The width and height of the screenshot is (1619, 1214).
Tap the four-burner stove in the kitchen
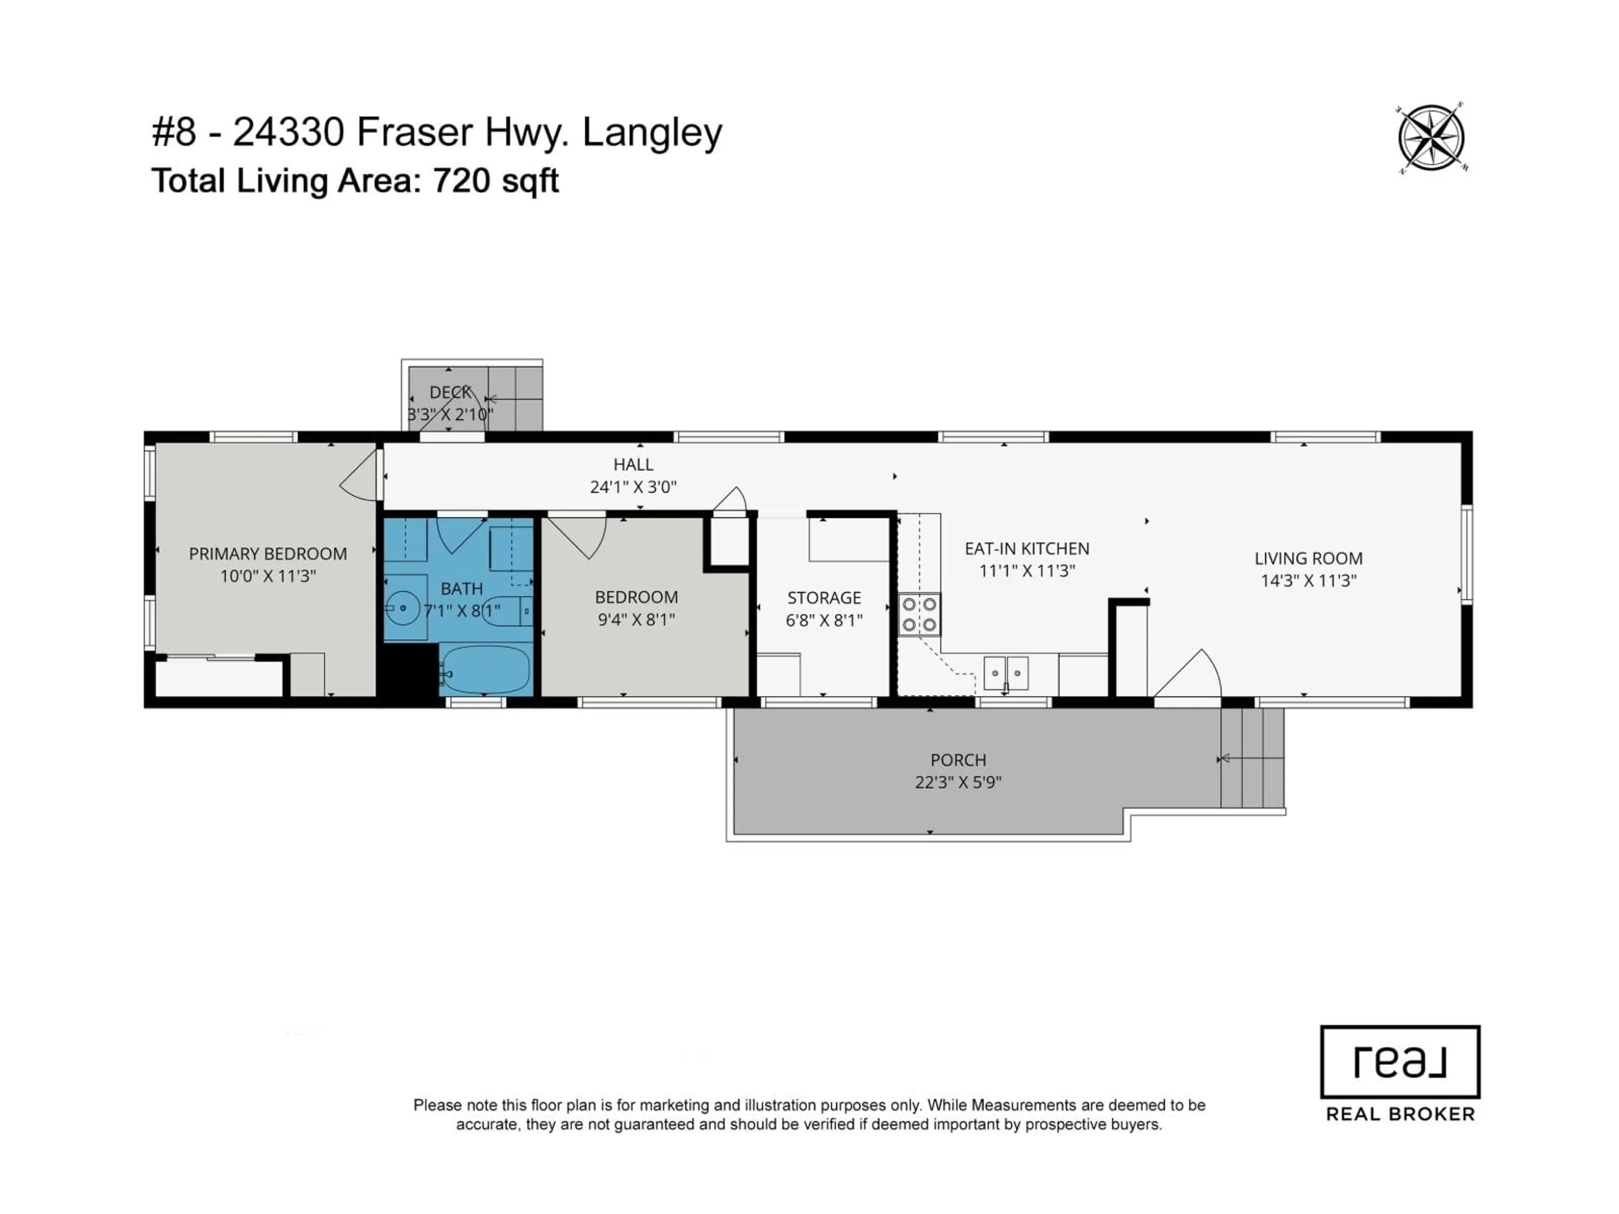pos(919,615)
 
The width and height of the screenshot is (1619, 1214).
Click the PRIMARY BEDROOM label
pos(268,554)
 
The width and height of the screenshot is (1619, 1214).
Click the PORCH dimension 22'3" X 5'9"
pos(957,782)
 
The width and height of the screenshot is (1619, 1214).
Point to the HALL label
pos(633,465)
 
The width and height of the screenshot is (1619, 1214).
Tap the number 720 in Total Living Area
pos(461,181)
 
